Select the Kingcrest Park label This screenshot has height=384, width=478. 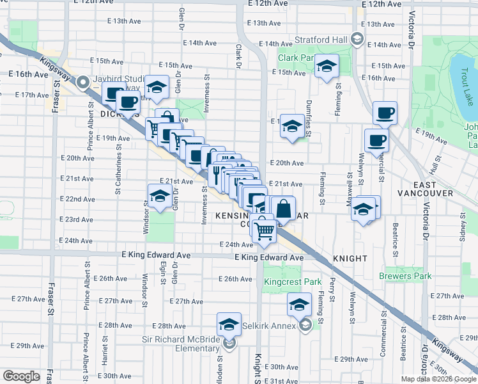294,281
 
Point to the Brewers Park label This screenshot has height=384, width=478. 405,276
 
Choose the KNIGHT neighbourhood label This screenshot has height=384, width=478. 350,259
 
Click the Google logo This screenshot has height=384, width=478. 21,376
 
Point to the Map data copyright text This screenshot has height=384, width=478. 437,378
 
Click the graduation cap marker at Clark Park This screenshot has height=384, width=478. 327,67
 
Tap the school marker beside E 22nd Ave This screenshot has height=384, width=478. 159,195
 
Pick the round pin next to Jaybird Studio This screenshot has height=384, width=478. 82,83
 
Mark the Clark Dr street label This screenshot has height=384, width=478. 237,57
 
